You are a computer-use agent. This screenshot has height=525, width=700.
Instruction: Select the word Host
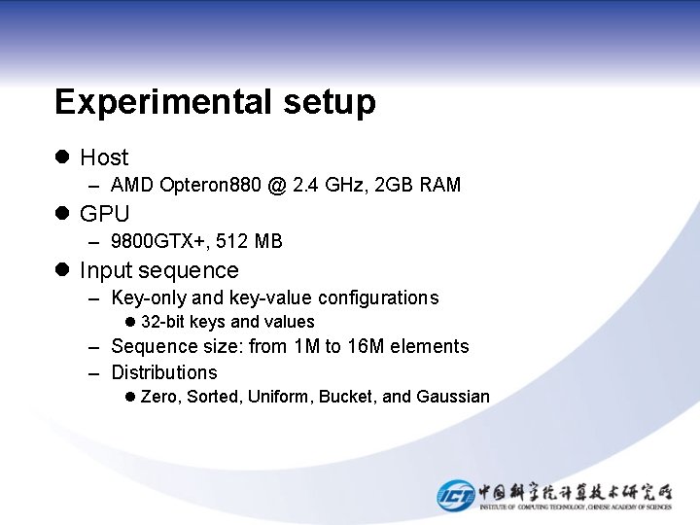[x=104, y=157]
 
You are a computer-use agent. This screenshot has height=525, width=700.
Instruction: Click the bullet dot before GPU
[x=63, y=214]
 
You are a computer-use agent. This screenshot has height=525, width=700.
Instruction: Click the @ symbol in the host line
[x=277, y=185]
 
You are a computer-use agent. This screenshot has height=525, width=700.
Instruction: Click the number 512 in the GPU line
[x=231, y=241]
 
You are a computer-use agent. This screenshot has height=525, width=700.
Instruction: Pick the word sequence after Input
[x=192, y=270]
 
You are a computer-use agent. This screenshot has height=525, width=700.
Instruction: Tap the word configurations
[x=378, y=297]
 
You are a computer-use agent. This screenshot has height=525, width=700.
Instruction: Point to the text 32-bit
[x=163, y=322]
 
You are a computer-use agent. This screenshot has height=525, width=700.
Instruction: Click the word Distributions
[x=164, y=372]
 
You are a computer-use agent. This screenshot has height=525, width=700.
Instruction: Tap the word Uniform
[x=278, y=397]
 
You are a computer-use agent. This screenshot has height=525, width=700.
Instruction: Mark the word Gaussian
[x=453, y=397]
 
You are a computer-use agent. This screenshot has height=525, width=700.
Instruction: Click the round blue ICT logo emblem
[x=455, y=495]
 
